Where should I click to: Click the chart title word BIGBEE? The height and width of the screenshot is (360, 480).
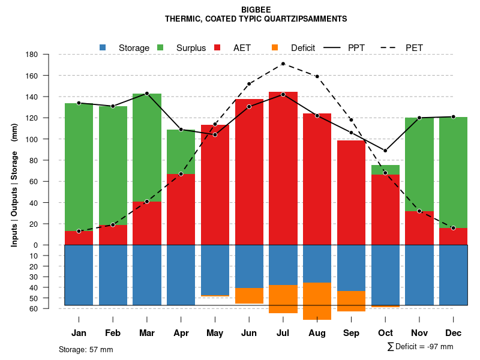pyautogui.click(x=256, y=10)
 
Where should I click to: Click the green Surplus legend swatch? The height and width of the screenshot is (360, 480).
pyautogui.click(x=161, y=47)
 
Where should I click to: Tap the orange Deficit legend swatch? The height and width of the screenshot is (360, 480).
pyautogui.click(x=275, y=47)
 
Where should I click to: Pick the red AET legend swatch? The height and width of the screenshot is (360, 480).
pyautogui.click(x=218, y=47)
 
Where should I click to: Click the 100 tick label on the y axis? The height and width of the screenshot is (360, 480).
pyautogui.click(x=32, y=139)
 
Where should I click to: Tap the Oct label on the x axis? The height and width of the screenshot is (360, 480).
pyautogui.click(x=385, y=333)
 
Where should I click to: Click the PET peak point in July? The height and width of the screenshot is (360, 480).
pyautogui.click(x=283, y=64)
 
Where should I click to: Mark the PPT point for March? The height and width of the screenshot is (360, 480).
pyautogui.click(x=147, y=94)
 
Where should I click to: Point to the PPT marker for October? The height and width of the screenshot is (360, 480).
pyautogui.click(x=385, y=151)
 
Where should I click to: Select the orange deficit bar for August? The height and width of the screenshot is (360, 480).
pyautogui.click(x=317, y=301)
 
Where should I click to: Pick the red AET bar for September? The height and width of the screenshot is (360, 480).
pyautogui.click(x=351, y=192)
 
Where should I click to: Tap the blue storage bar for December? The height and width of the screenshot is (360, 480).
pyautogui.click(x=453, y=275)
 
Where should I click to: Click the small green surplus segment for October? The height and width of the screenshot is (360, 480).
pyautogui.click(x=385, y=170)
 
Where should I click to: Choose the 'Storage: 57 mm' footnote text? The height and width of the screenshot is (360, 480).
pyautogui.click(x=86, y=349)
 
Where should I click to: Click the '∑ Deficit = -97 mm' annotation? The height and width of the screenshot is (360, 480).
pyautogui.click(x=420, y=347)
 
